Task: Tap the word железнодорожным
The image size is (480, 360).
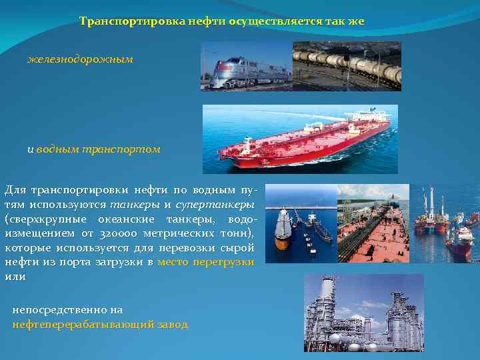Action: pos(80,59)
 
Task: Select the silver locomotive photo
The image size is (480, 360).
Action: pos(245,67)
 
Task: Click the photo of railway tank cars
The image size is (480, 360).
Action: pos(347,67)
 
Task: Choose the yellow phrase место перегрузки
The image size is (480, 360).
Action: pos(206,262)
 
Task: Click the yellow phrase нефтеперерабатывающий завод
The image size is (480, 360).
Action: pos(100,324)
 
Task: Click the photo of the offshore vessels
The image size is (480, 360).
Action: pos(444,223)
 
